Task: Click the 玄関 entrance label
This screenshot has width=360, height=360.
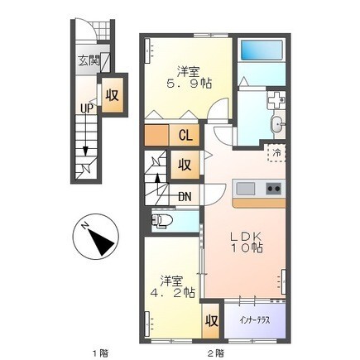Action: (89, 61)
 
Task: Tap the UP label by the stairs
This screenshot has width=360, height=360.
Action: (87, 109)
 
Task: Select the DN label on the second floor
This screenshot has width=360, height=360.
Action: (185, 196)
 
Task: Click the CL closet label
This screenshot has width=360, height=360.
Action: (185, 135)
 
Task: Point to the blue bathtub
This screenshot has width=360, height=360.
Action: (262, 50)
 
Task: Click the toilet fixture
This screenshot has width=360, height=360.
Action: (161, 221)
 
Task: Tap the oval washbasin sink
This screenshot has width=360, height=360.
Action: (276, 125)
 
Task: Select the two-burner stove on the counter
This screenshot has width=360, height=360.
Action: (273, 189)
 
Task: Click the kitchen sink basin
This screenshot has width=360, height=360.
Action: (246, 189)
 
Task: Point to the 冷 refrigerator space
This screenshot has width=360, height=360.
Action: (276, 152)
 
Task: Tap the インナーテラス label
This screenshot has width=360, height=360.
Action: (254, 320)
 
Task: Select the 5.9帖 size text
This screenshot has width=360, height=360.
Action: (190, 82)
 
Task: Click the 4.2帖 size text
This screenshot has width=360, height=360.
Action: (173, 292)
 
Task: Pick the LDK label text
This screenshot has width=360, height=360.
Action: (246, 237)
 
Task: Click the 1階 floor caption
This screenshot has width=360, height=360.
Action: (100, 353)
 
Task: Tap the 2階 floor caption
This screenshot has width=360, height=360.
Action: (216, 353)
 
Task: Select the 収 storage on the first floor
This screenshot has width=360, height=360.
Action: (113, 95)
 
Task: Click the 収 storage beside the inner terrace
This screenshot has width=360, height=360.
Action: (211, 321)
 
